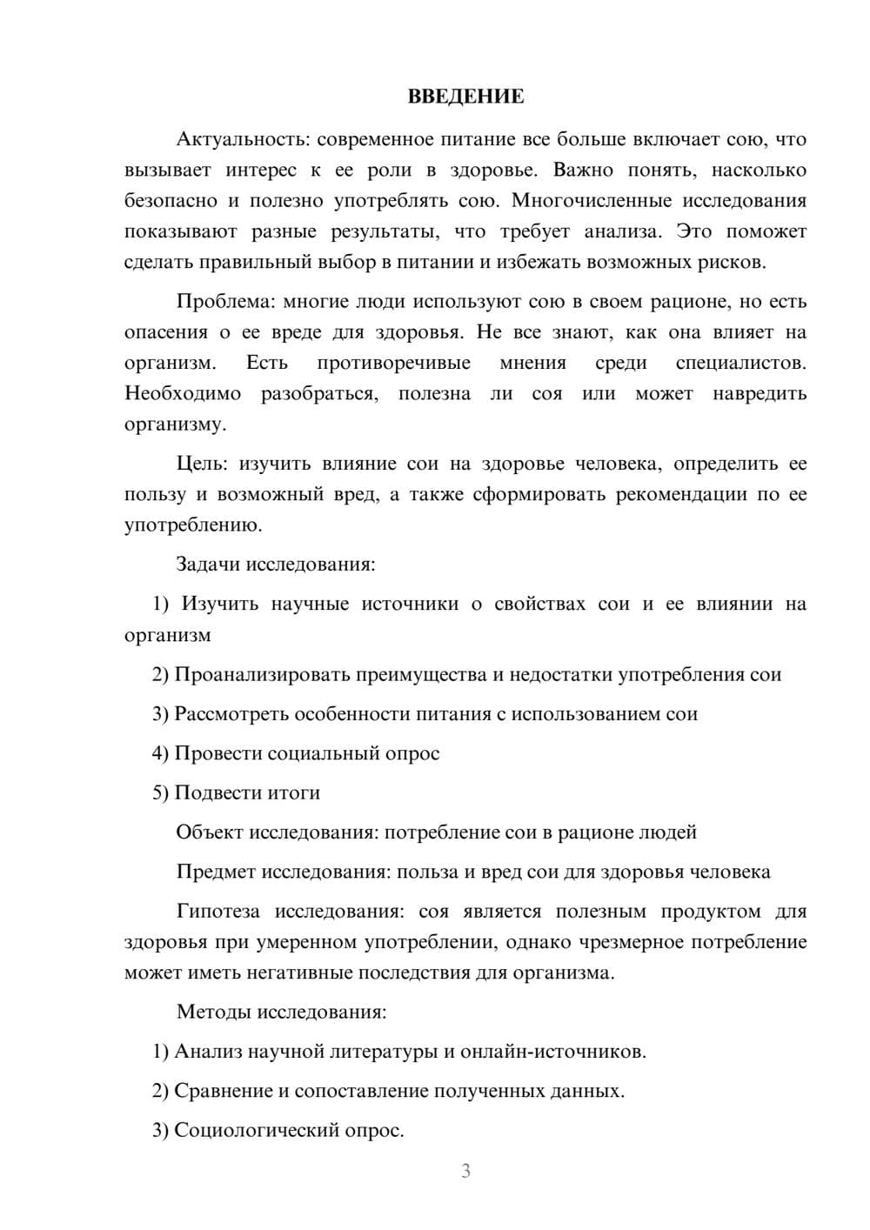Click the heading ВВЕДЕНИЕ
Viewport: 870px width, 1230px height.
pos(465,97)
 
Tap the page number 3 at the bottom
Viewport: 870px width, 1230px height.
pos(465,1171)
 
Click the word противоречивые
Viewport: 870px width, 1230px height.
pos(393,363)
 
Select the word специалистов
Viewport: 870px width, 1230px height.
pos(740,363)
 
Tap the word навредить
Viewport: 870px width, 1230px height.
pos(760,394)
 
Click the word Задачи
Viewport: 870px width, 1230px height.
pos(209,565)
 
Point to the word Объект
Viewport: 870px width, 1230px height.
pos(210,832)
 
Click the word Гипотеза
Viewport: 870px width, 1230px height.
pos(217,912)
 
